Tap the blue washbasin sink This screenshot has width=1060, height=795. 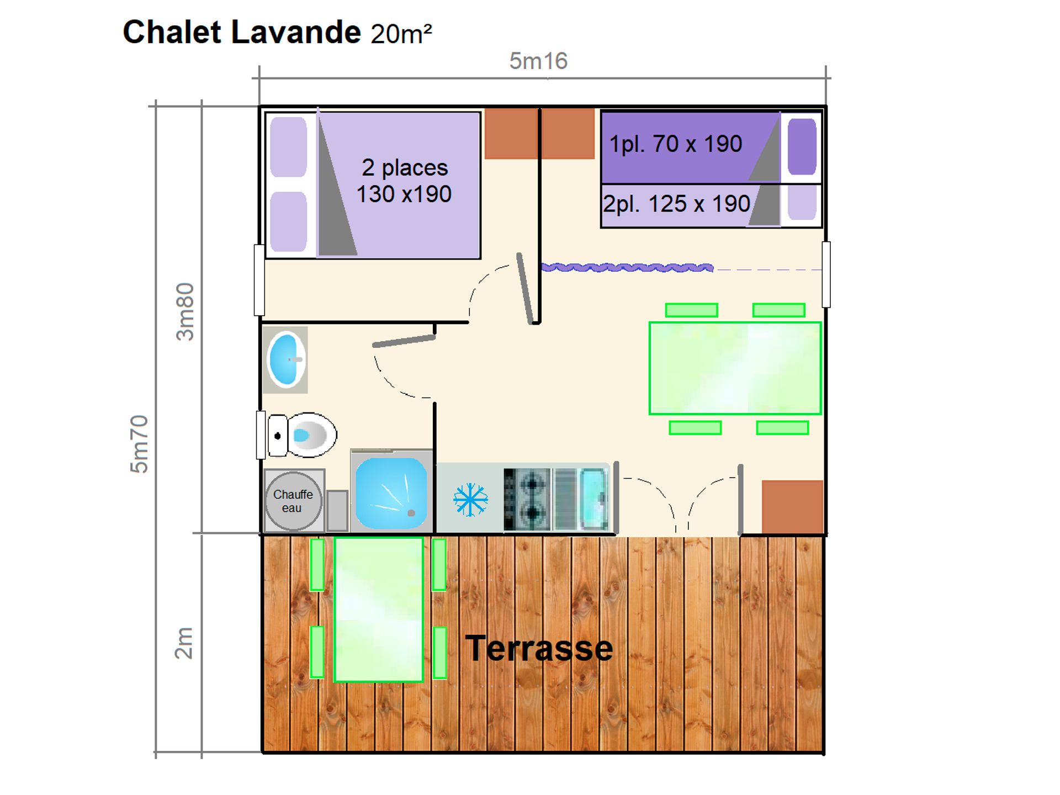pyautogui.click(x=286, y=359)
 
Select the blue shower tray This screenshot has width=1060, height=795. pyautogui.click(x=391, y=493)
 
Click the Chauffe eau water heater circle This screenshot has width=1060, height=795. pyautogui.click(x=293, y=501)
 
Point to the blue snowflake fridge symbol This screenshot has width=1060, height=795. pyautogui.click(x=470, y=500)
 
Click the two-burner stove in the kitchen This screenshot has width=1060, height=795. pyautogui.click(x=527, y=500)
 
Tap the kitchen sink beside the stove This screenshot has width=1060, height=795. pyautogui.click(x=593, y=499)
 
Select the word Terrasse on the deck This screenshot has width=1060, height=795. pyautogui.click(x=539, y=648)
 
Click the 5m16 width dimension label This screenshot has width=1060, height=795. pyautogui.click(x=538, y=61)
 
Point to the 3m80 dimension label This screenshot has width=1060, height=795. pyautogui.click(x=185, y=311)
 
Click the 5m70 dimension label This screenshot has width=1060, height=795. pyautogui.click(x=139, y=444)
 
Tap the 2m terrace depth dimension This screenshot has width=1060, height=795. pyautogui.click(x=184, y=643)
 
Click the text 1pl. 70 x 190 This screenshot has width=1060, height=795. pyautogui.click(x=676, y=144)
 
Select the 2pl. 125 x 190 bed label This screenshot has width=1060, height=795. pyautogui.click(x=676, y=204)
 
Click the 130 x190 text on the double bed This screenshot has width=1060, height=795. pyautogui.click(x=404, y=194)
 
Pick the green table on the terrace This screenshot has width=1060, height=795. pyautogui.click(x=379, y=609)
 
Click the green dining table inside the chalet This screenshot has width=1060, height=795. pyautogui.click(x=735, y=368)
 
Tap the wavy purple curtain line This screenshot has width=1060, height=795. pyautogui.click(x=627, y=268)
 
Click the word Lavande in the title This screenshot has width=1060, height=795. pyautogui.click(x=296, y=32)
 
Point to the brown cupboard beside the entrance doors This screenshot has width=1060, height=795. pyautogui.click(x=793, y=507)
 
